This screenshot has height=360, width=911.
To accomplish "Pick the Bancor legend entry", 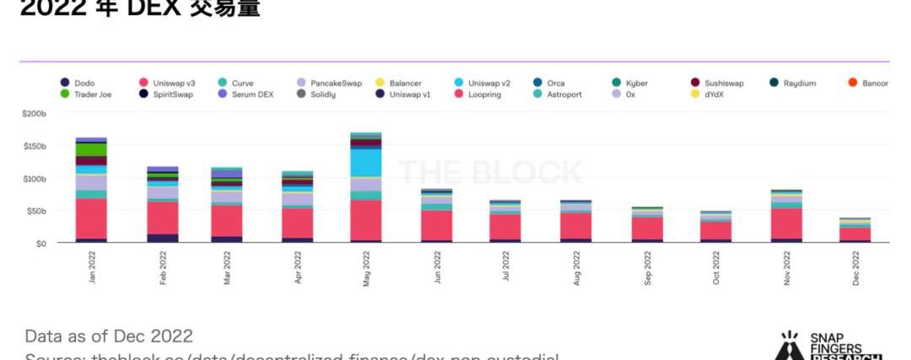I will click(875, 83).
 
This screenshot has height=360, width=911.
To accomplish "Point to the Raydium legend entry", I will click(799, 83).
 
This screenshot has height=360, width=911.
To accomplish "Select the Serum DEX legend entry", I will click(254, 94).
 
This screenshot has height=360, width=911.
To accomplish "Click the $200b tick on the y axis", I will click(34, 113).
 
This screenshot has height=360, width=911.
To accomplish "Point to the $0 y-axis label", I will click(40, 243).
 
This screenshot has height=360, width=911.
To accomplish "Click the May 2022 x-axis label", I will click(366, 269).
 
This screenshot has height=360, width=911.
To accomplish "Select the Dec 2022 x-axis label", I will click(856, 269).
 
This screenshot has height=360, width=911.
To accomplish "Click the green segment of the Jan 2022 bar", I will click(91, 149).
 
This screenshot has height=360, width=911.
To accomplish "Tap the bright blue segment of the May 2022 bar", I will click(366, 161).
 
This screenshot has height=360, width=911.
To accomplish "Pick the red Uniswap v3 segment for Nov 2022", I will click(785, 223).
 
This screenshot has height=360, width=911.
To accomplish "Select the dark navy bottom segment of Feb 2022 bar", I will click(163, 238).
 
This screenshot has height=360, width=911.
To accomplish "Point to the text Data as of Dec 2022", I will click(109, 336).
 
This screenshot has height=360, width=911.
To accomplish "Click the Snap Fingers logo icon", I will click(789, 346).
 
